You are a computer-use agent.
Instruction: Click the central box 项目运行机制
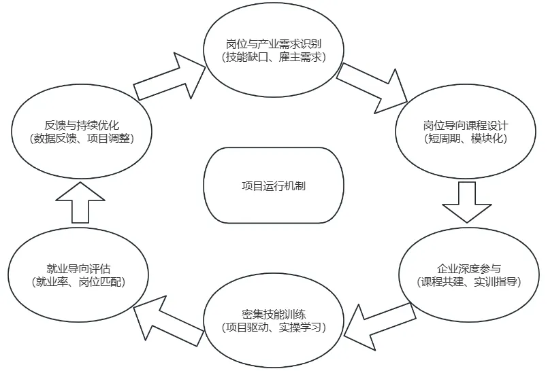[274, 185]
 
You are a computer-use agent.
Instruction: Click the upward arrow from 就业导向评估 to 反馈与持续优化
[80, 201]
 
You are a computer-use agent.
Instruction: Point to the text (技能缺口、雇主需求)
[274, 58]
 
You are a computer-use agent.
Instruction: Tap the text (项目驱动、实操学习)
[274, 328]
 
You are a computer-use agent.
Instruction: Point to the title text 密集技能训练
[274, 315]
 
